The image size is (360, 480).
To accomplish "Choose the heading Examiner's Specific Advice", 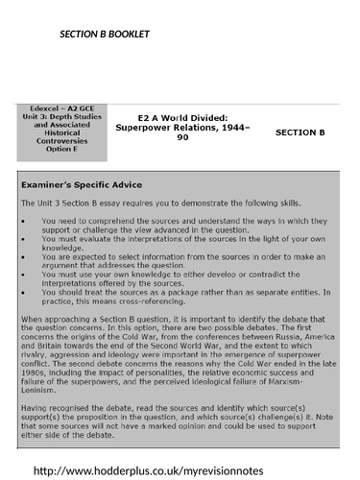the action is [x=82, y=183].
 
